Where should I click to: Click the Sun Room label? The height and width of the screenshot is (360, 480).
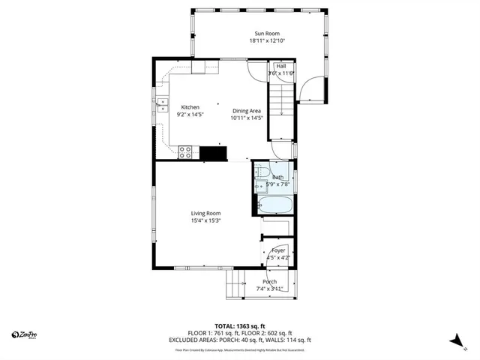click(262, 33)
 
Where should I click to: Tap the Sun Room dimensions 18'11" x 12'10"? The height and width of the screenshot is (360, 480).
click(268, 41)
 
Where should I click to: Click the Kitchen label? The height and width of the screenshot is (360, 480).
click(190, 107)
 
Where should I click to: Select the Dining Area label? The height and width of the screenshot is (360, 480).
click(246, 111)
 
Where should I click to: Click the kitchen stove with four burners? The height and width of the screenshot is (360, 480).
click(187, 153)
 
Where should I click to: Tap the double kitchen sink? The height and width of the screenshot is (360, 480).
click(160, 105)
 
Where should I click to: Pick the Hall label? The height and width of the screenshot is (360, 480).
click(281, 66)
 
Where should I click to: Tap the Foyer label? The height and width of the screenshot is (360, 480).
click(278, 250)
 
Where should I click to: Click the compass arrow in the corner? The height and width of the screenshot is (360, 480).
click(454, 340)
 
